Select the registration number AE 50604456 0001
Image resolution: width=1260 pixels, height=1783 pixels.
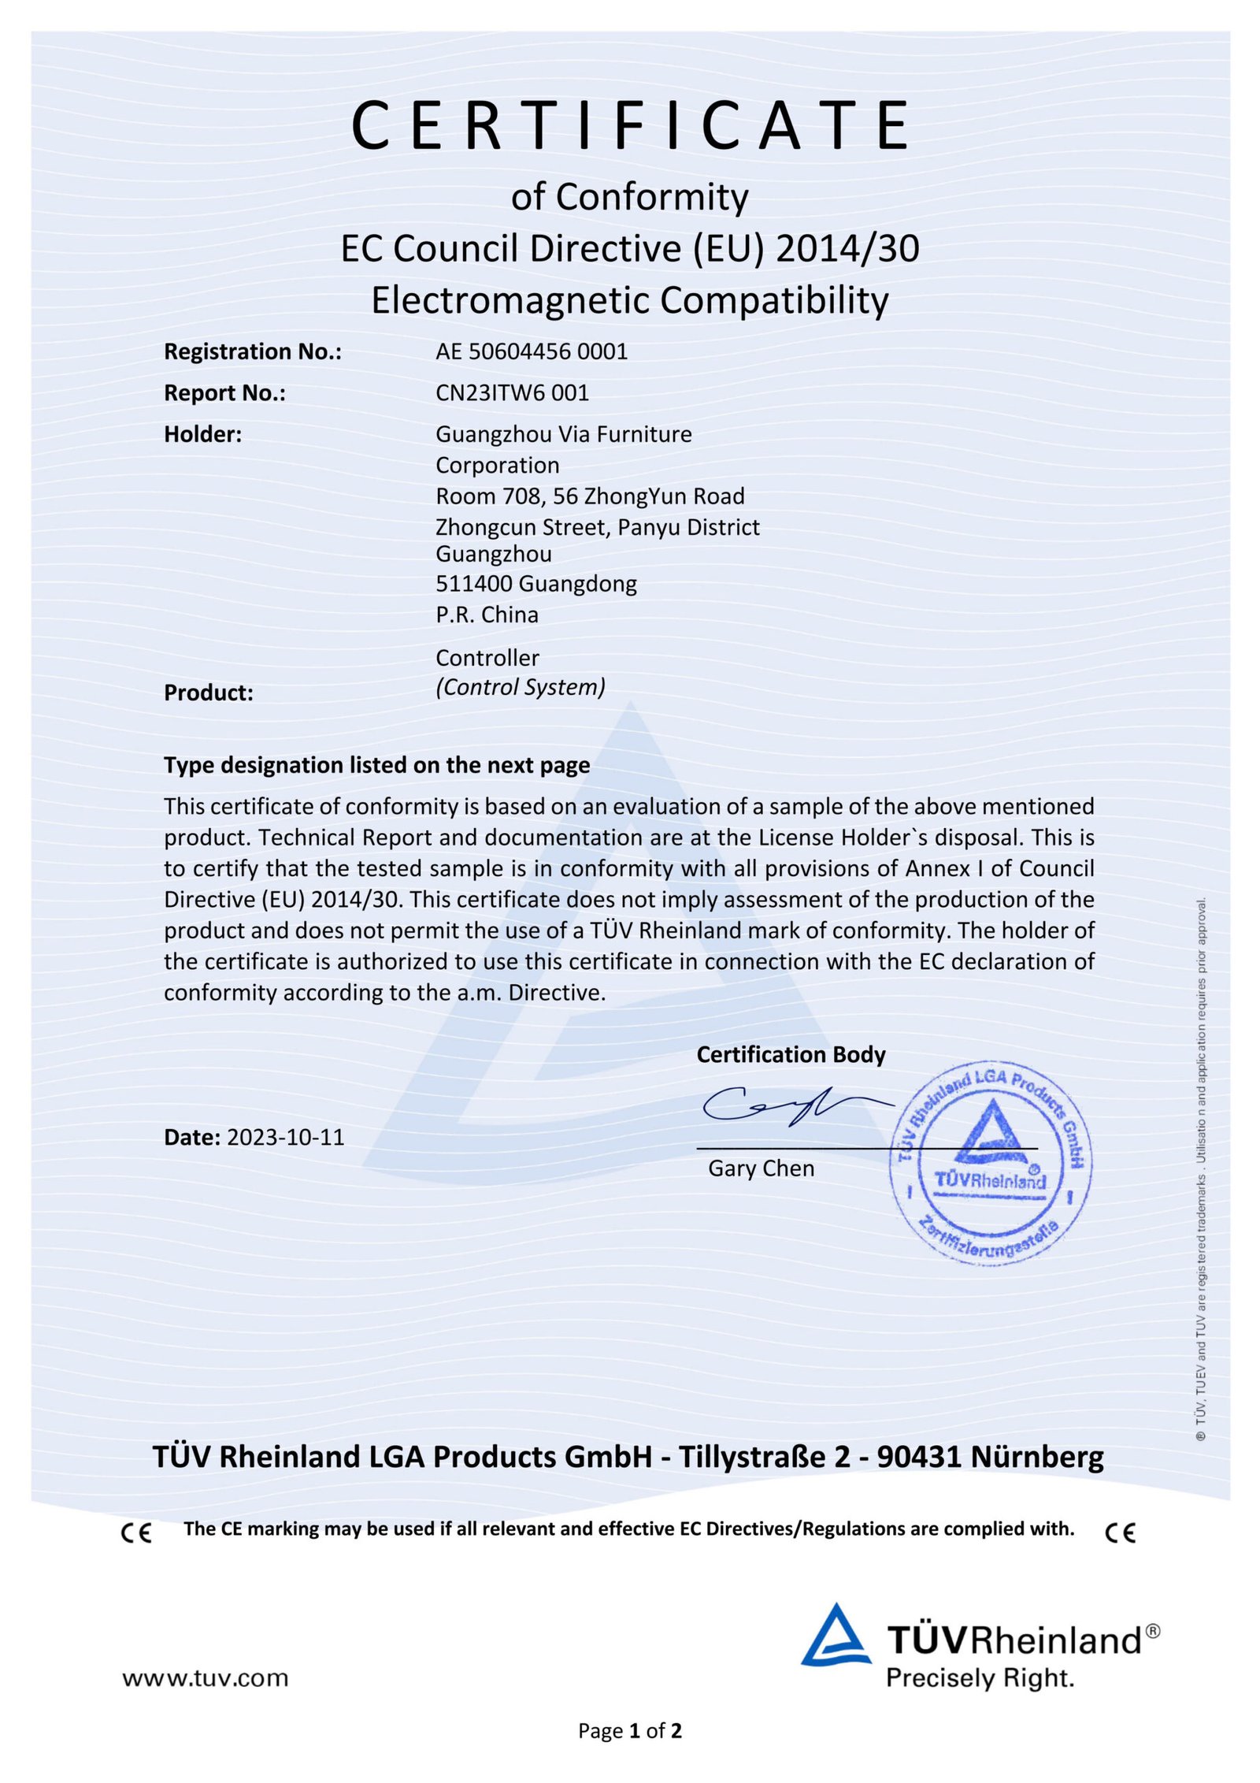pyautogui.click(x=532, y=351)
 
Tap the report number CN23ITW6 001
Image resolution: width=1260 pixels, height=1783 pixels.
pyautogui.click(x=512, y=392)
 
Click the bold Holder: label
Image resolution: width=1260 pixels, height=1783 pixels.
pyautogui.click(x=202, y=434)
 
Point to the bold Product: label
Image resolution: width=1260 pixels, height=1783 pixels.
pyautogui.click(x=208, y=693)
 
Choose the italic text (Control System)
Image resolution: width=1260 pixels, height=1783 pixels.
pyautogui.click(x=521, y=687)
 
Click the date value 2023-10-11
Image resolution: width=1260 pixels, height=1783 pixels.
pyautogui.click(x=285, y=1137)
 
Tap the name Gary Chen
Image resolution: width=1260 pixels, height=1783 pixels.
pyautogui.click(x=761, y=1168)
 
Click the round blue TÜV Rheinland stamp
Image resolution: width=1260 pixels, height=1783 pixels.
pyautogui.click(x=990, y=1163)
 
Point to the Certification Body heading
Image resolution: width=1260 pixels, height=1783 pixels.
pyautogui.click(x=791, y=1054)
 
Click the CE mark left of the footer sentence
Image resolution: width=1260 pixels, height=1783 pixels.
pyautogui.click(x=136, y=1532)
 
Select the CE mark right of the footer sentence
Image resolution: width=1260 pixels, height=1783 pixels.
pyautogui.click(x=1120, y=1532)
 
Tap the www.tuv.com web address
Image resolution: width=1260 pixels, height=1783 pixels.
pyautogui.click(x=205, y=1678)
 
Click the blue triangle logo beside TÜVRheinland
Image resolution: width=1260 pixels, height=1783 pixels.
pyautogui.click(x=836, y=1637)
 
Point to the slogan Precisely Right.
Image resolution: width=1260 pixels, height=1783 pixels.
pyautogui.click(x=980, y=1678)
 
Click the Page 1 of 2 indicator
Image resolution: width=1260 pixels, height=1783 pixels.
pyautogui.click(x=629, y=1731)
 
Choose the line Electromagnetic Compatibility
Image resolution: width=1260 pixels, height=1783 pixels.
pyautogui.click(x=630, y=300)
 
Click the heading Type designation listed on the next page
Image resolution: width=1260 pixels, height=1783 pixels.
pyautogui.click(x=376, y=765)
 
